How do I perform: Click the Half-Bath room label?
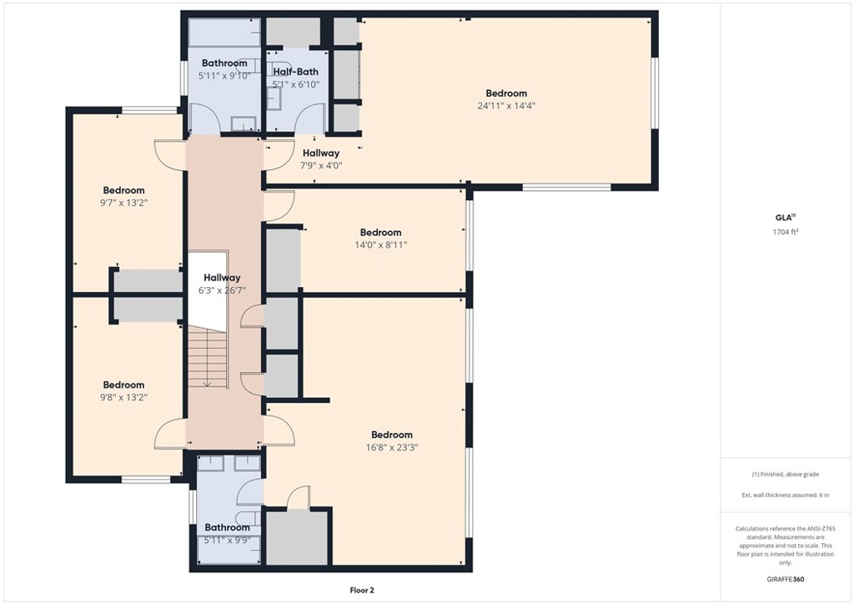click(296, 72)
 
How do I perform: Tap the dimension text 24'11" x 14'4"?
click(506, 106)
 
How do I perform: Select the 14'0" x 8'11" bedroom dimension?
click(380, 245)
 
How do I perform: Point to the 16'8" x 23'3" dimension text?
click(392, 448)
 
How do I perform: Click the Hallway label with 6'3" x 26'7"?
click(222, 278)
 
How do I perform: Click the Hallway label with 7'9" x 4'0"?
click(321, 153)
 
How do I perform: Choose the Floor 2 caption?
click(362, 591)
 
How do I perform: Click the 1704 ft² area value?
click(786, 231)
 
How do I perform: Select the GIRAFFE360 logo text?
click(786, 579)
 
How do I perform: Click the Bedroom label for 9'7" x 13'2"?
click(124, 190)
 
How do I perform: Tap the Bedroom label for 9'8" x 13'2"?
click(124, 385)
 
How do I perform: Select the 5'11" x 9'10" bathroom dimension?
click(224, 76)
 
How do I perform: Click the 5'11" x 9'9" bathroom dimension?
click(227, 541)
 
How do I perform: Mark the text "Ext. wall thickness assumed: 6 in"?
click(786, 495)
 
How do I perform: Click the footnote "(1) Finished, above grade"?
click(786, 475)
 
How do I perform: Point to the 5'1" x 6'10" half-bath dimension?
click(296, 84)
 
